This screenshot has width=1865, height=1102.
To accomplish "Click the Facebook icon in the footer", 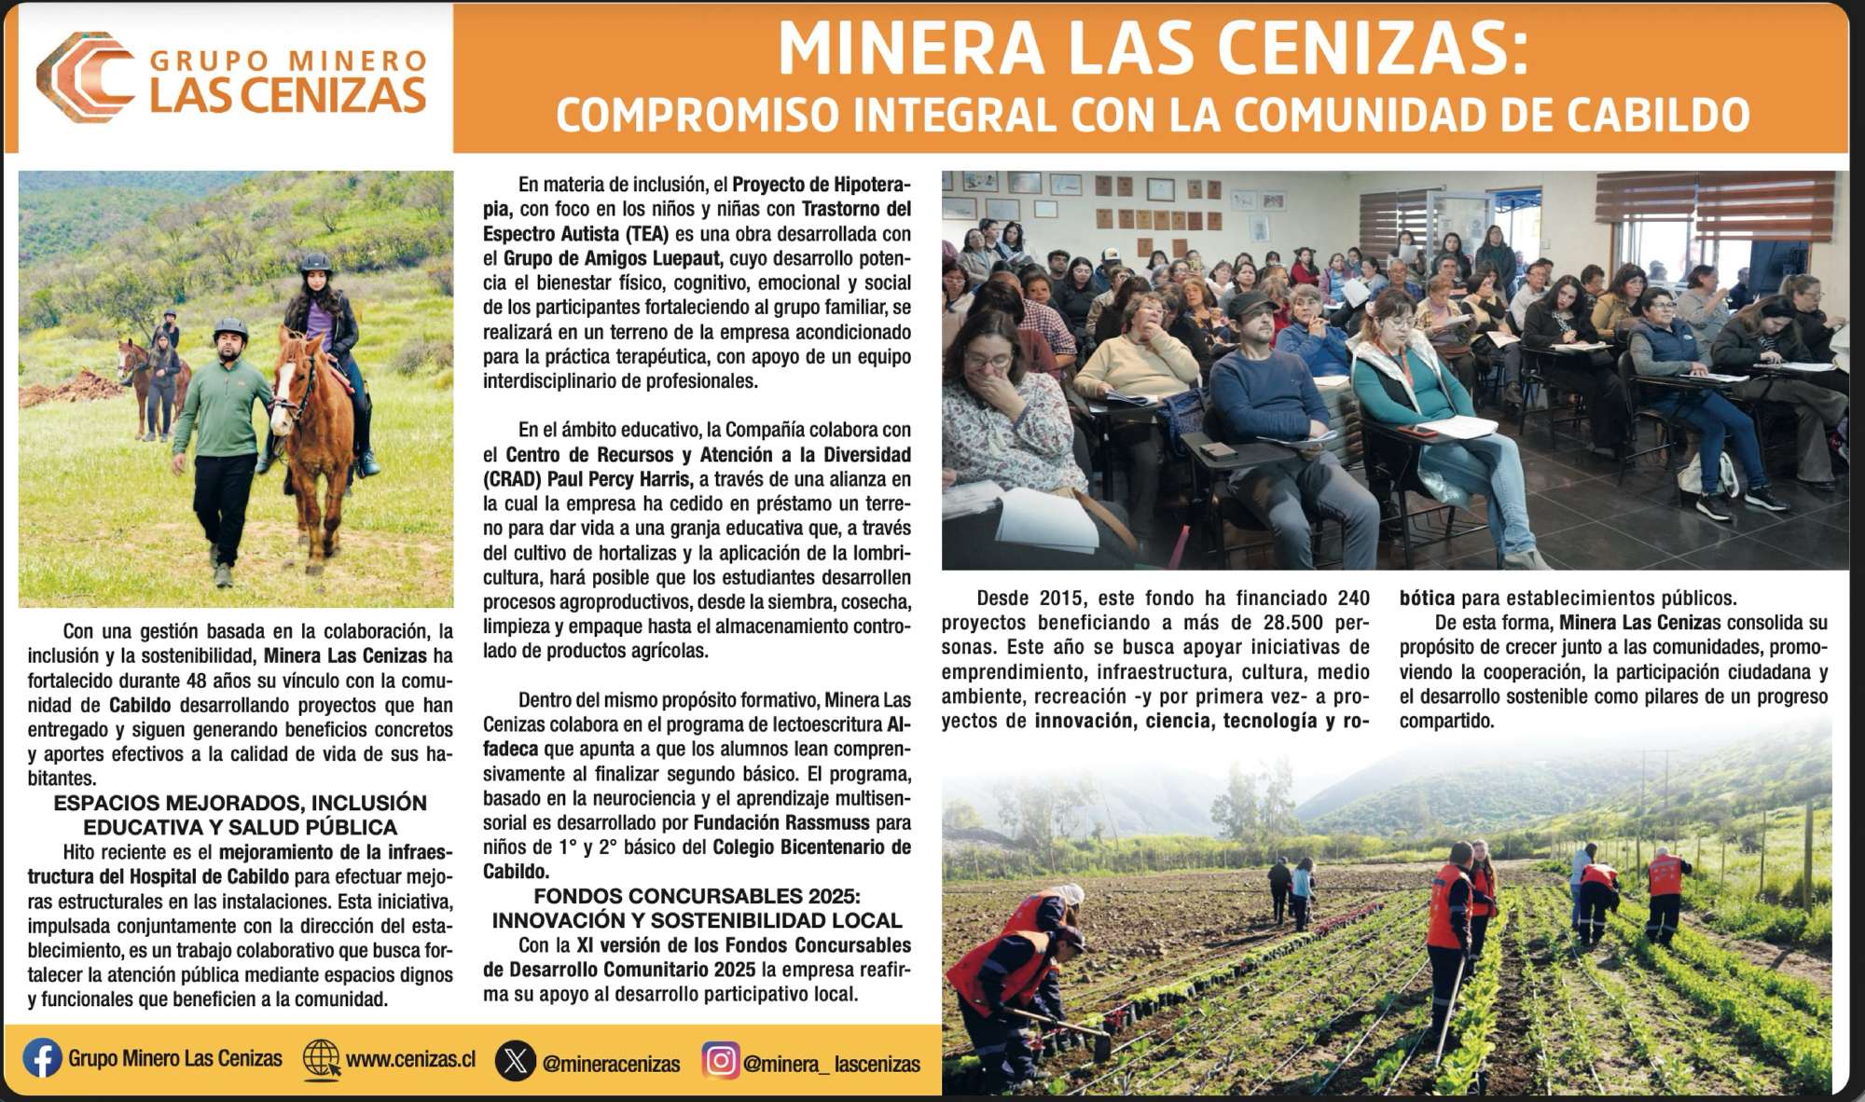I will [x=42, y=1058].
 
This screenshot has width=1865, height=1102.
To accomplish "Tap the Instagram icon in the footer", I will [x=720, y=1061].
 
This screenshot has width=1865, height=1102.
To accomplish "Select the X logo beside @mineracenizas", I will [x=515, y=1061].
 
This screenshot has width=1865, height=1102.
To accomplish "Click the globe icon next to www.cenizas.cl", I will [x=322, y=1059].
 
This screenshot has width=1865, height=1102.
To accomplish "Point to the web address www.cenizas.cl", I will [x=410, y=1059].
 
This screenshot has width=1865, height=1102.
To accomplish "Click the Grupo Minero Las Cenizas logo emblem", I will [x=84, y=76].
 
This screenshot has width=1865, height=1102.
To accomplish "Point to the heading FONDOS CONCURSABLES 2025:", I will [x=696, y=896].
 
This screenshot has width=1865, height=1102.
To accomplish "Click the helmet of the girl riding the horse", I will [x=316, y=264].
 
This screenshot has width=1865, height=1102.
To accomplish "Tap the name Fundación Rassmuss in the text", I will [x=781, y=822].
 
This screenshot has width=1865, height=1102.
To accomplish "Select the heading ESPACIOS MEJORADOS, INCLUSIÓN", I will [x=240, y=803].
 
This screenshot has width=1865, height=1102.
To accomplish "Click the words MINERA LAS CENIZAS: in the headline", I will [x=1153, y=48].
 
